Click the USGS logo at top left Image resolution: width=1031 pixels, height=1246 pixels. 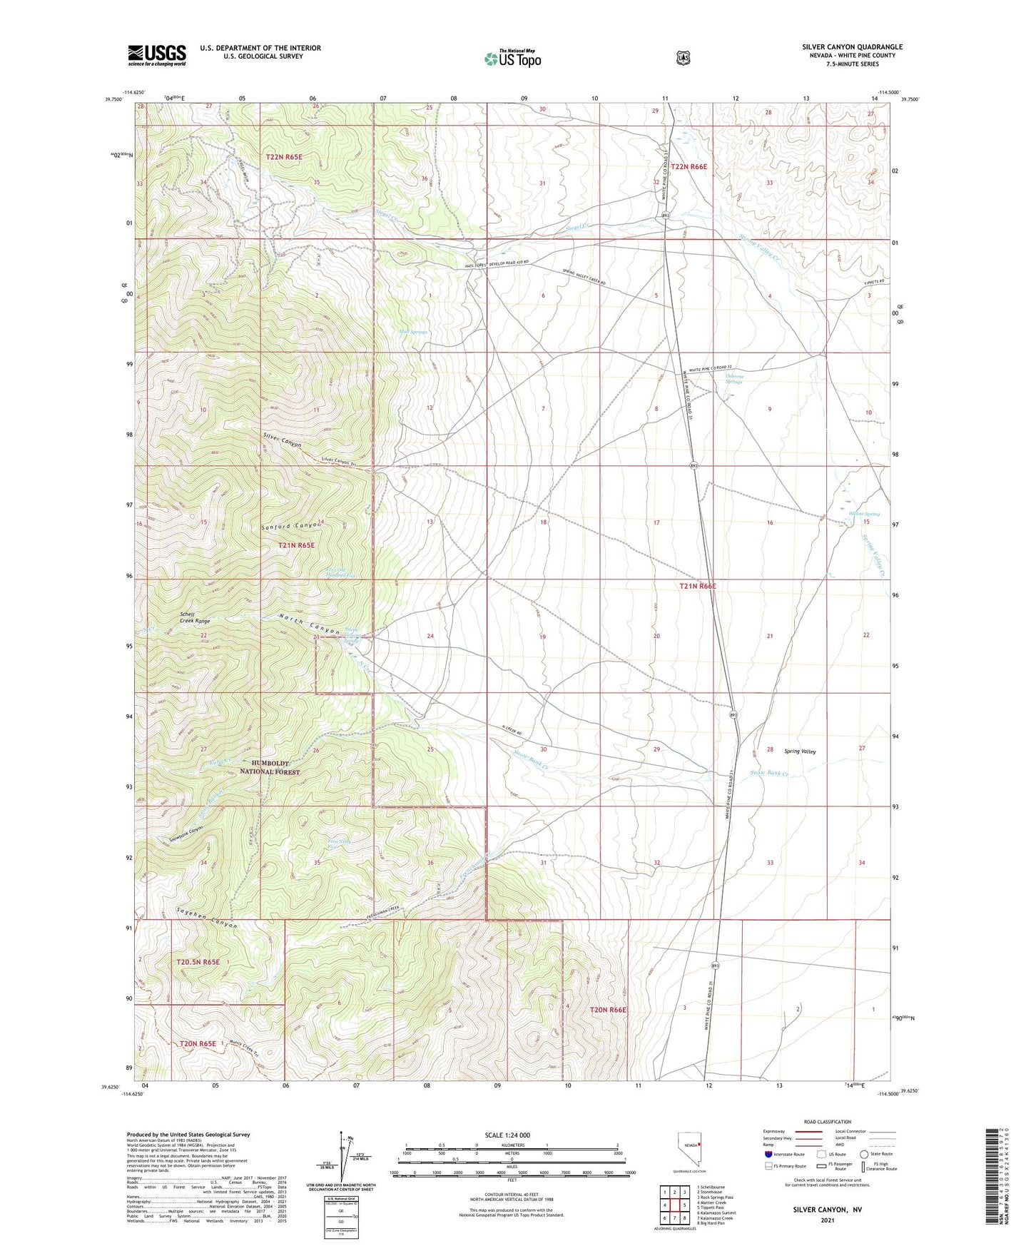tap(157, 55)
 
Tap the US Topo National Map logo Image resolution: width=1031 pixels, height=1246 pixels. tap(513, 58)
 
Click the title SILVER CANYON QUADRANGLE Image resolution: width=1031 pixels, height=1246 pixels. tap(852, 47)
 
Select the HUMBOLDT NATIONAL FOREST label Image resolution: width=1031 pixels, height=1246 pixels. tap(270, 767)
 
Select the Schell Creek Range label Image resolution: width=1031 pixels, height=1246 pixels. tap(195, 617)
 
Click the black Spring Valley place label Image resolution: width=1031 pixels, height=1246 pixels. tap(800, 751)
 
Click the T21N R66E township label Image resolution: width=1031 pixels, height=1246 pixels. tap(697, 586)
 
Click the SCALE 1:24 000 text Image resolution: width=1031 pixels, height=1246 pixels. tap(507, 1135)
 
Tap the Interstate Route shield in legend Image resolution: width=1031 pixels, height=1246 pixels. tap(768, 1153)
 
